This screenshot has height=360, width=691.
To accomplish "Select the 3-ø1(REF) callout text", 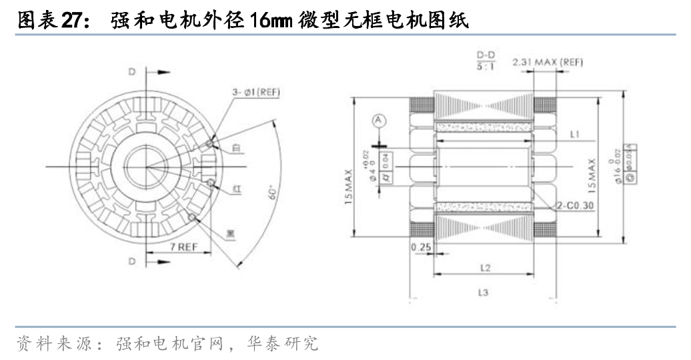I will [x=257, y=91].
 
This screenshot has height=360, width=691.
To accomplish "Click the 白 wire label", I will [x=236, y=149].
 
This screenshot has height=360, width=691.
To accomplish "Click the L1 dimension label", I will [x=574, y=135].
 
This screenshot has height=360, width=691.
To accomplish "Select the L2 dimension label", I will [x=485, y=267].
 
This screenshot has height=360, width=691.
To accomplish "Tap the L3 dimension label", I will [x=485, y=292].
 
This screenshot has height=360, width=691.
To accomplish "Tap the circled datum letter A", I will [x=379, y=121].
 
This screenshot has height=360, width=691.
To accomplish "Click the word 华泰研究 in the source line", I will [x=292, y=344].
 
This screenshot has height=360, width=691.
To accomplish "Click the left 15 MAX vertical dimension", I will [x=350, y=186].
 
